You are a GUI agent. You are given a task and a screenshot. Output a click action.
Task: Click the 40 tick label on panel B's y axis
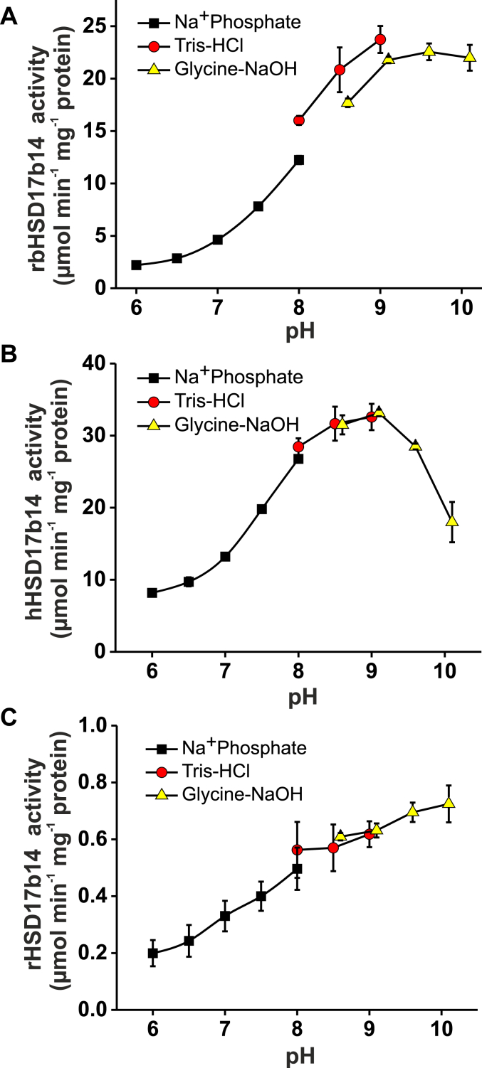pos(97,363)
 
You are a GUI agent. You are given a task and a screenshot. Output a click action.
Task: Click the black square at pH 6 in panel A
pos(137,265)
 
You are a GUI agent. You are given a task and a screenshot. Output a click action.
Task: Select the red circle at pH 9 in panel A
pos(380,39)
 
